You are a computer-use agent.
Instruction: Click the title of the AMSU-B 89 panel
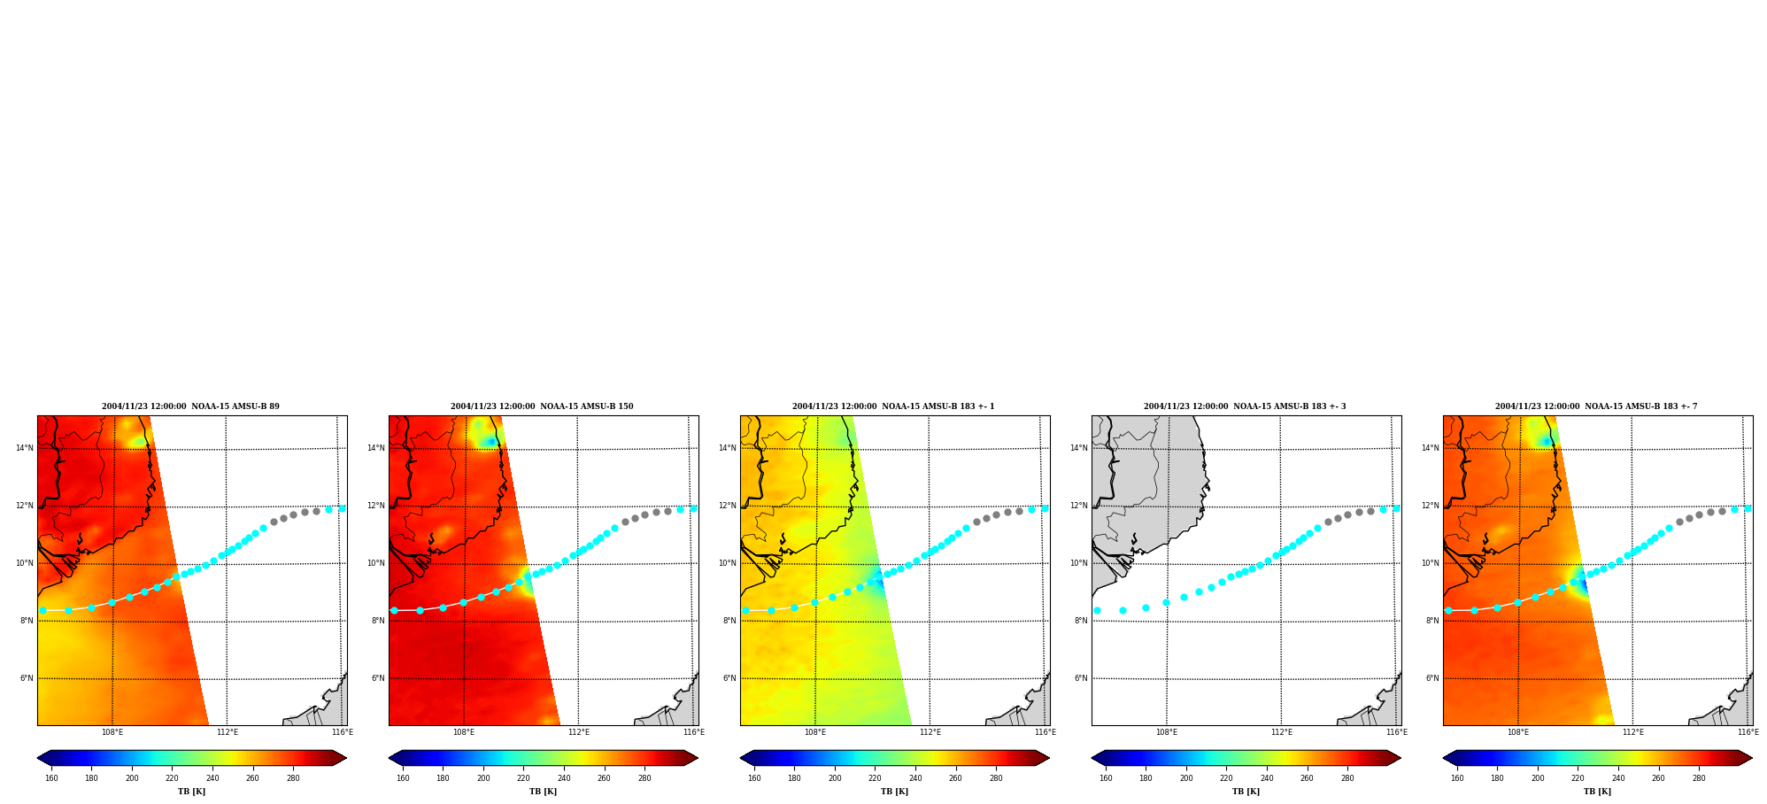click(x=190, y=406)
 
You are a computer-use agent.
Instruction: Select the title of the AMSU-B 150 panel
click(x=542, y=406)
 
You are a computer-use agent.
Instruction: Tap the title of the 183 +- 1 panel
click(x=893, y=406)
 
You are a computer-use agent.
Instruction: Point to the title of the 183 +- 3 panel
click(x=1245, y=406)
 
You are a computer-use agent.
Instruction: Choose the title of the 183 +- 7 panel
click(x=1596, y=406)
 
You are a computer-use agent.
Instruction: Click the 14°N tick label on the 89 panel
click(x=24, y=448)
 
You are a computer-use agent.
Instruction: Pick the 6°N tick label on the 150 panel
click(x=378, y=678)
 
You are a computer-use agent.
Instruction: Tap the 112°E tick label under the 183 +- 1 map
click(x=930, y=732)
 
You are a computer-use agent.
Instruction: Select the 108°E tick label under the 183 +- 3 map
click(x=1167, y=732)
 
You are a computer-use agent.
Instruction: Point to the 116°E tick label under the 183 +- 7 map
click(x=1748, y=732)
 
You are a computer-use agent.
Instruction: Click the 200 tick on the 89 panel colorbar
click(x=132, y=778)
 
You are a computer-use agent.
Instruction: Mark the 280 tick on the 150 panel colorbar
click(x=644, y=778)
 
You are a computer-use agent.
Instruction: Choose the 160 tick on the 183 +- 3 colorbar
click(x=1106, y=778)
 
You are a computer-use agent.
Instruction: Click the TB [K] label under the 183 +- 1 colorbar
click(x=894, y=792)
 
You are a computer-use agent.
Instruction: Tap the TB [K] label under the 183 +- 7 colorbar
click(x=1597, y=792)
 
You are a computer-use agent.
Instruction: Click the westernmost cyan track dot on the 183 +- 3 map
click(x=1097, y=610)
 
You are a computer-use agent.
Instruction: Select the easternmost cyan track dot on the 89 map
click(x=343, y=508)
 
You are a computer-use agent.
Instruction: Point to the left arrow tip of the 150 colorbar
click(x=390, y=758)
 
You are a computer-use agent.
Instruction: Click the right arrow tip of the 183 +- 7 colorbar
click(x=1752, y=758)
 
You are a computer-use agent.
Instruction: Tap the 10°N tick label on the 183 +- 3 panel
click(x=1078, y=563)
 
